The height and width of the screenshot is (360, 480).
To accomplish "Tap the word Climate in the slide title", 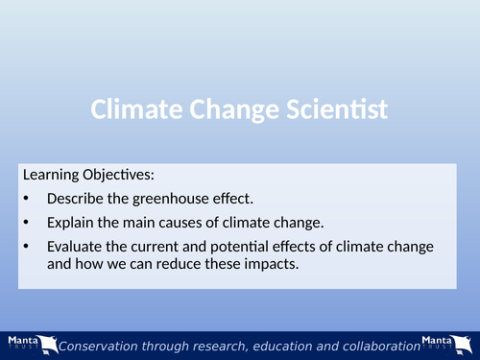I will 131,110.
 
